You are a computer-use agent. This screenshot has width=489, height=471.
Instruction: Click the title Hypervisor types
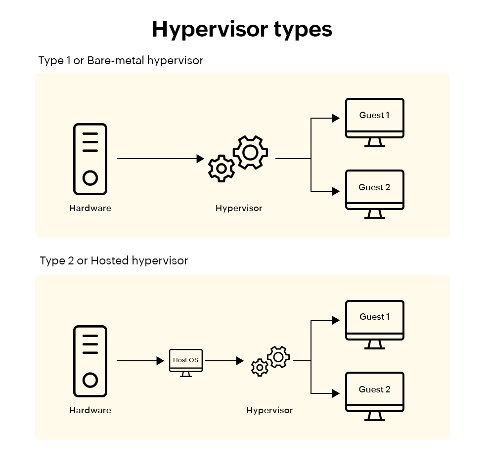[242, 29]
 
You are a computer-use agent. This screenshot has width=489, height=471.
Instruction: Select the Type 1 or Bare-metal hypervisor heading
[121, 60]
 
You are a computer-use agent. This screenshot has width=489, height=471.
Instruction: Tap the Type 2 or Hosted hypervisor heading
[114, 260]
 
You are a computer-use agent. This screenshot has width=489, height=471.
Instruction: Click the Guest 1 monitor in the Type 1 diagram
[374, 118]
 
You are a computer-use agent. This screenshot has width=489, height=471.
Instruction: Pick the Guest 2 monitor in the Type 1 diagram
[374, 190]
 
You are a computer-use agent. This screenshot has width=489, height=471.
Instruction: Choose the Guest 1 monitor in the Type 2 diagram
[374, 320]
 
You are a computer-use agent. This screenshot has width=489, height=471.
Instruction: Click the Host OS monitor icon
[186, 361]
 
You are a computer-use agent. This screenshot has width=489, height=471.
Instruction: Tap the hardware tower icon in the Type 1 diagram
[90, 159]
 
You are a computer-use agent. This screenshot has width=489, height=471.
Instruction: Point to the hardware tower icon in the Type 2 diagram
[90, 361]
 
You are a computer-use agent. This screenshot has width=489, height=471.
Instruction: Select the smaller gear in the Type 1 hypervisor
[222, 169]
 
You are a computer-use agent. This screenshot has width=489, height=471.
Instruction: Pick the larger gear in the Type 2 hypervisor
[278, 357]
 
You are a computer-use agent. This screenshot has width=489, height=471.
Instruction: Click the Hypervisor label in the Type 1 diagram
[239, 208]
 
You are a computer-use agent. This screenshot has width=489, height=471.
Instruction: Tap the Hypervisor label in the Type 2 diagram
[269, 410]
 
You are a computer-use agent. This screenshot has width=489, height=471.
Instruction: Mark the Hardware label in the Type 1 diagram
[90, 208]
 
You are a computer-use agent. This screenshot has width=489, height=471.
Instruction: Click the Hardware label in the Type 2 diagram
[90, 410]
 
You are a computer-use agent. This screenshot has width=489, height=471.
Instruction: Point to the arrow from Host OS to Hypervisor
[224, 361]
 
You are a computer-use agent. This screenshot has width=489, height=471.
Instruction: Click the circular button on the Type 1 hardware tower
[90, 178]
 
